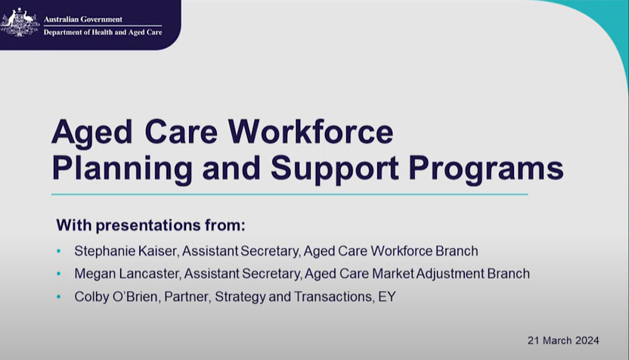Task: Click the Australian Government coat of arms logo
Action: point(20,23)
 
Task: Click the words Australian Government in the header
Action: point(82,19)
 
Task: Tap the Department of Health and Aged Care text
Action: point(102,33)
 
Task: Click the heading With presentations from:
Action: point(152,225)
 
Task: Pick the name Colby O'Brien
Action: point(114,297)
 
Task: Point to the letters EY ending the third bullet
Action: point(386,297)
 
